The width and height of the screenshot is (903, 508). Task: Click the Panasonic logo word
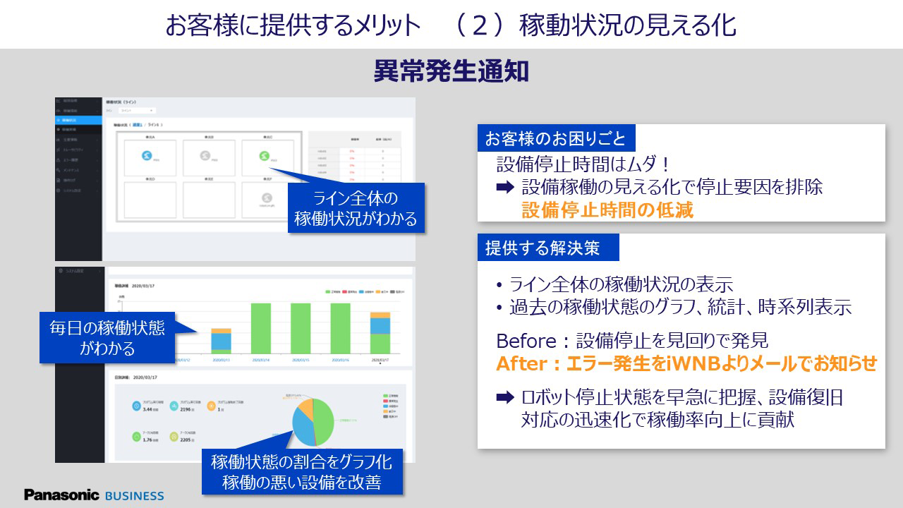(x=61, y=495)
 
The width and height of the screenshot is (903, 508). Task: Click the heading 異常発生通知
(x=451, y=72)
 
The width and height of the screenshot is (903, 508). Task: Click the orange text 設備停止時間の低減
(x=607, y=210)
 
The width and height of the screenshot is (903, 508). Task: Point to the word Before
(x=526, y=341)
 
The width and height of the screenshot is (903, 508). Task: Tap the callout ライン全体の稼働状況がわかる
(x=356, y=209)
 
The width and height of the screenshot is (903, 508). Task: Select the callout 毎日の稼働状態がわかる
(x=107, y=338)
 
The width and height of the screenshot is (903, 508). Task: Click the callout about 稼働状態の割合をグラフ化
(x=301, y=473)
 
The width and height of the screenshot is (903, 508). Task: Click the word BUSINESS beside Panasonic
(x=134, y=495)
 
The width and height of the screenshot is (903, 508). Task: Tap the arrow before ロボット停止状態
(x=504, y=397)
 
